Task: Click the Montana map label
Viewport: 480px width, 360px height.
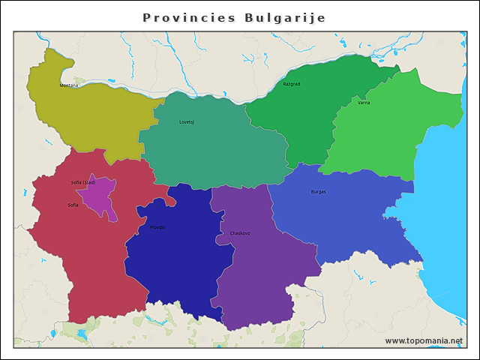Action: click(x=69, y=85)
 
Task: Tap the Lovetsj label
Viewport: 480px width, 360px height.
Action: click(x=187, y=121)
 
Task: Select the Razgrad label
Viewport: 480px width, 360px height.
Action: click(x=291, y=84)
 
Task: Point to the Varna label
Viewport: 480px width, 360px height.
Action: click(x=364, y=103)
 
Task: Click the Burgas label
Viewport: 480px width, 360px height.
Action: click(x=318, y=192)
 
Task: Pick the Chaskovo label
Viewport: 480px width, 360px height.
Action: click(x=240, y=233)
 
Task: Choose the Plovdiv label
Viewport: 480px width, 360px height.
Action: click(x=157, y=227)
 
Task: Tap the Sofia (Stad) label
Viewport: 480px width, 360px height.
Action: click(x=83, y=182)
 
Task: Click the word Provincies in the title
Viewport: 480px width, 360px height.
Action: click(x=187, y=17)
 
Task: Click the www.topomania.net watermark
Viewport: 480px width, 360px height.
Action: click(x=424, y=340)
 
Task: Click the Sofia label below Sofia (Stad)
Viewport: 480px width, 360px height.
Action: click(x=73, y=205)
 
